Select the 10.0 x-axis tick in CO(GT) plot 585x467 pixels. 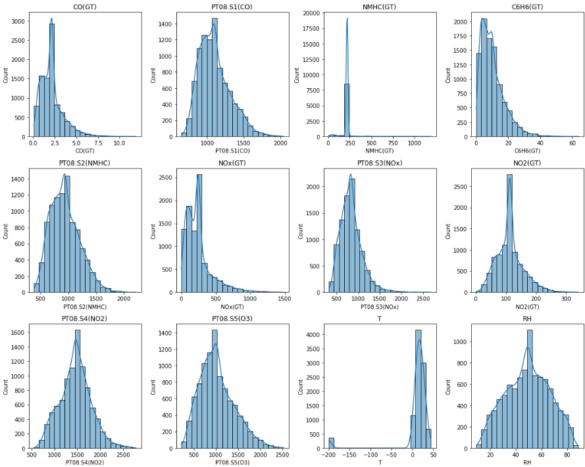tap(119, 143)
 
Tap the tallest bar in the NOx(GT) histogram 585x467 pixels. tap(199, 233)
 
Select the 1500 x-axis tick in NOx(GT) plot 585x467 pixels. tap(284, 299)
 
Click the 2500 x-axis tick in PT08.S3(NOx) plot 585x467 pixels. tap(424, 299)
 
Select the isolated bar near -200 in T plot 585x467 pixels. tap(332, 443)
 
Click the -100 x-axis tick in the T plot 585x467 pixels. tap(372, 455)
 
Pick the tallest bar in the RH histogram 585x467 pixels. tap(530, 389)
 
